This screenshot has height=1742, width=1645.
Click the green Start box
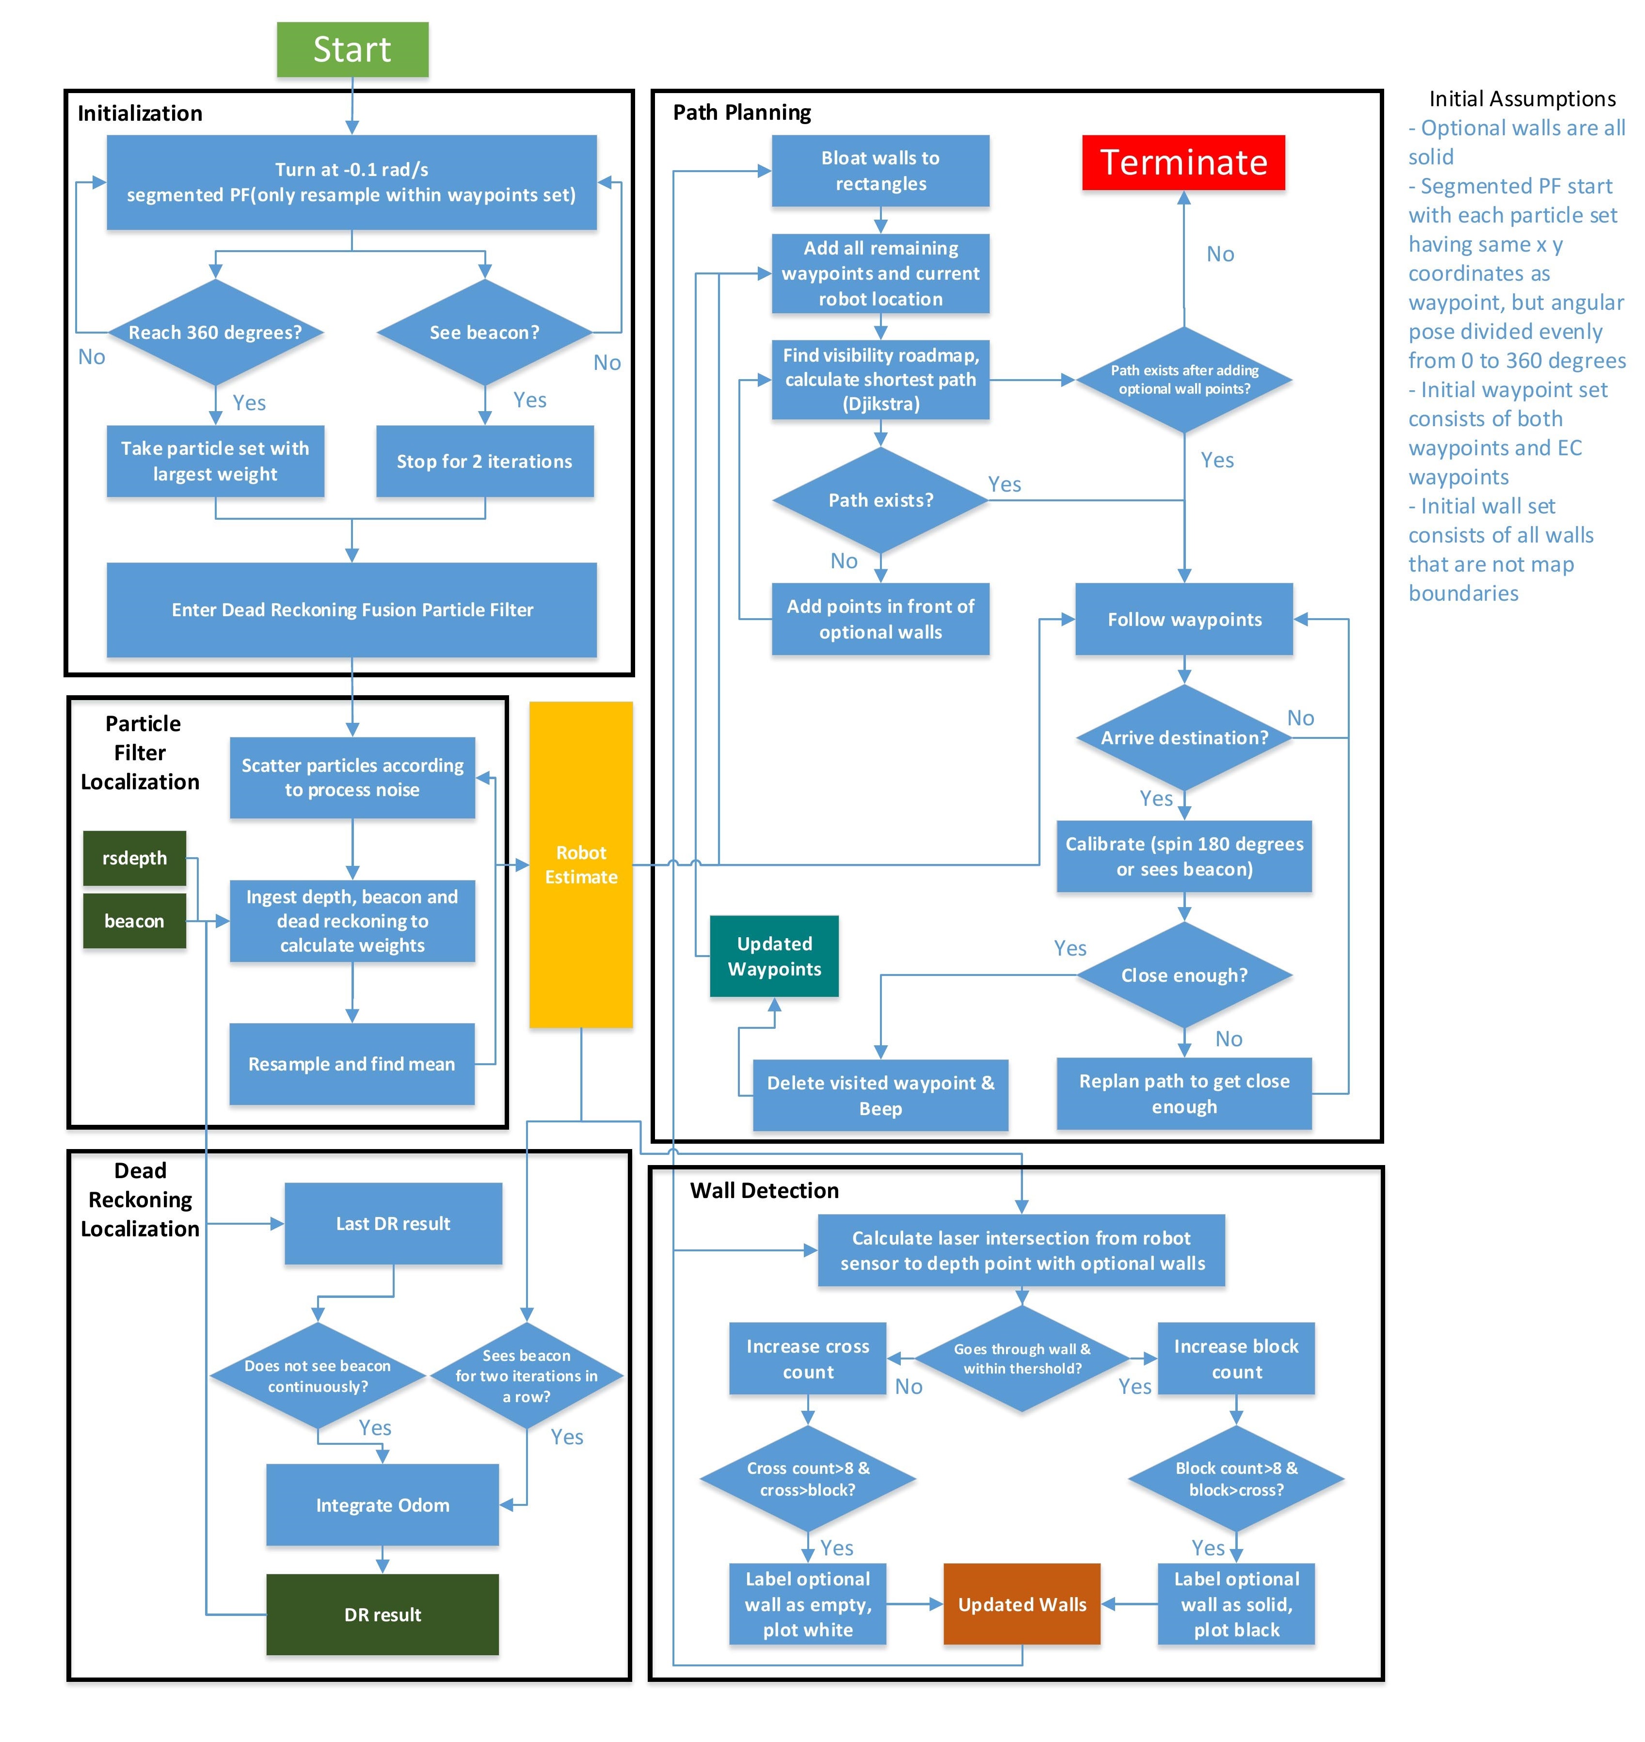(x=352, y=49)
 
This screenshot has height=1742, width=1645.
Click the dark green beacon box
(x=134, y=921)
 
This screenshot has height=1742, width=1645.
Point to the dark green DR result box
(x=383, y=1614)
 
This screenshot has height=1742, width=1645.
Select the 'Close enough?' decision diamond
(x=1184, y=975)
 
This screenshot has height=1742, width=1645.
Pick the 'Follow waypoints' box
(x=1184, y=619)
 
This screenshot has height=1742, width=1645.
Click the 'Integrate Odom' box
(x=383, y=1504)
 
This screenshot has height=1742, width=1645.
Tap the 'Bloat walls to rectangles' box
(x=880, y=171)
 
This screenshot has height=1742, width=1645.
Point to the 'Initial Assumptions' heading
(x=1522, y=98)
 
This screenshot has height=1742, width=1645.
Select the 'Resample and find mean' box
(x=351, y=1063)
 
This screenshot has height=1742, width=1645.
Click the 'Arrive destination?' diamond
(x=1184, y=737)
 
